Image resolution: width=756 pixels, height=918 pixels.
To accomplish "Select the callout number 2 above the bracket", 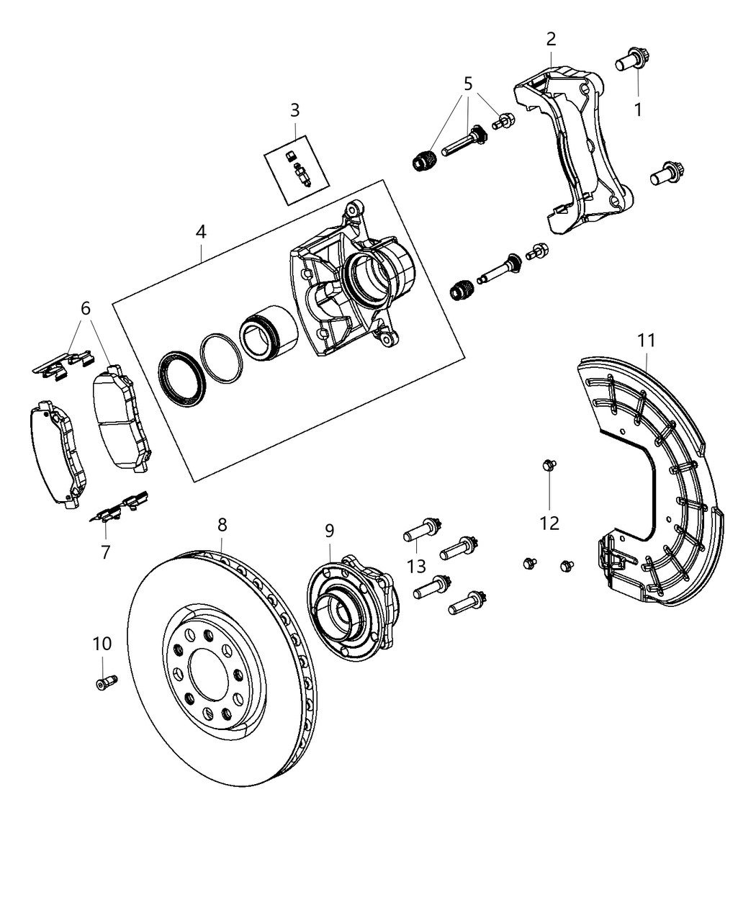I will click(x=551, y=39).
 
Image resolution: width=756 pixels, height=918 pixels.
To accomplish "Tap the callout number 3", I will click(x=295, y=110).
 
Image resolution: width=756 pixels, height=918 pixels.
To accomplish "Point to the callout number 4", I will click(x=201, y=232).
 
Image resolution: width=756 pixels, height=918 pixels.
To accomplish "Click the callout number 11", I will click(x=646, y=340).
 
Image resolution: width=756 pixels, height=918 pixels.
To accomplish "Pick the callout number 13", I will click(x=416, y=566).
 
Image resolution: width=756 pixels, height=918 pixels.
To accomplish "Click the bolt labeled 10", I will click(x=105, y=681).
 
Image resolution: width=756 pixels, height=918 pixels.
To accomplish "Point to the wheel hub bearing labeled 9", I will click(x=351, y=605).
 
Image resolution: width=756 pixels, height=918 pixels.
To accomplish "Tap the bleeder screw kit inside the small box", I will click(x=298, y=171).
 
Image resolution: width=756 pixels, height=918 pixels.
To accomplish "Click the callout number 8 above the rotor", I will click(x=222, y=525).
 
